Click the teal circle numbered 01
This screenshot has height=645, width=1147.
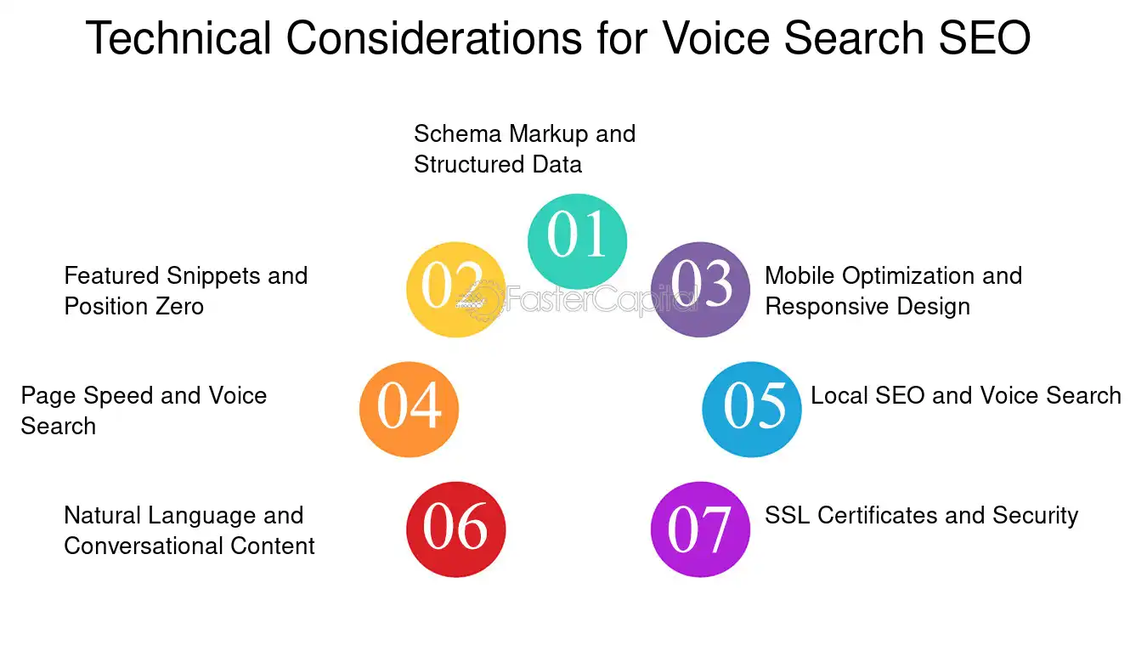(578, 240)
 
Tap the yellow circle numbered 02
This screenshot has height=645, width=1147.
(456, 289)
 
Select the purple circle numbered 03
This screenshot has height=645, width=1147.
(700, 289)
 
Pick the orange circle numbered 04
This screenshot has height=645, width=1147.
(409, 409)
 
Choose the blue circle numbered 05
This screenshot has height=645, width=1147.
(752, 409)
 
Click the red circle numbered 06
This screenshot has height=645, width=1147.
(456, 529)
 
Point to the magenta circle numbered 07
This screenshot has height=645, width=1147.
(700, 529)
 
